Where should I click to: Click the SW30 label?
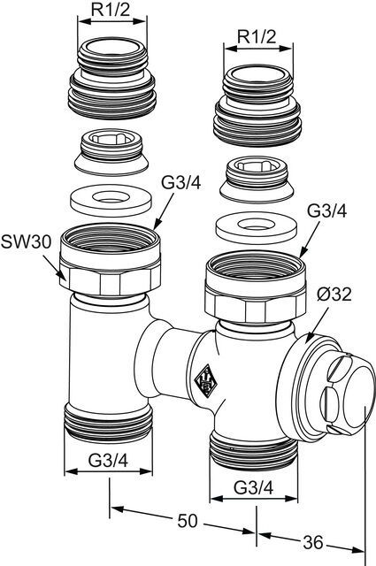[x=26, y=242]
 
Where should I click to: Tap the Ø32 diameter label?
[x=334, y=294]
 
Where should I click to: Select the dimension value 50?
[x=188, y=521]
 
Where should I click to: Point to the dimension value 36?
[x=313, y=542]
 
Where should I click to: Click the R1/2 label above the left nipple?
[x=111, y=10]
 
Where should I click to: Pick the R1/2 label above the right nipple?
[x=257, y=36]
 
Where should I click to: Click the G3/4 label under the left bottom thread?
[x=108, y=461]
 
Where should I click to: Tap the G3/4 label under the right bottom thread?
[x=254, y=488]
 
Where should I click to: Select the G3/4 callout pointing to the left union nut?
[x=180, y=183]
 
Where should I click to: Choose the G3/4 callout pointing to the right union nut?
[x=326, y=211]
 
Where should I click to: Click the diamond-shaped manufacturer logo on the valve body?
[x=207, y=380]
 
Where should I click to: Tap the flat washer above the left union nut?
[x=111, y=201]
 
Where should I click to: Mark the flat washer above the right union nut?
[x=257, y=228]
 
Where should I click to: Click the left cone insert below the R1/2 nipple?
[x=111, y=152]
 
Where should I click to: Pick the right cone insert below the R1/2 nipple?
[x=257, y=180]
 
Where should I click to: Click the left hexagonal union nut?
[x=111, y=260]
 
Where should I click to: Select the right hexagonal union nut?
[x=256, y=287]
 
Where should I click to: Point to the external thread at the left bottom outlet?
[x=108, y=423]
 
